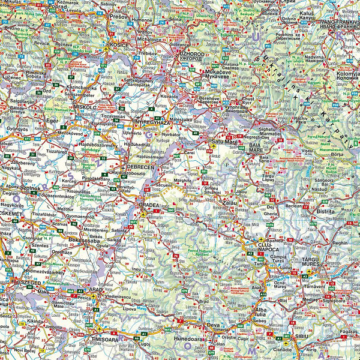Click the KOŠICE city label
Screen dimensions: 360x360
click(x=118, y=45)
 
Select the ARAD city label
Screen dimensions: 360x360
click(x=96, y=289)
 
